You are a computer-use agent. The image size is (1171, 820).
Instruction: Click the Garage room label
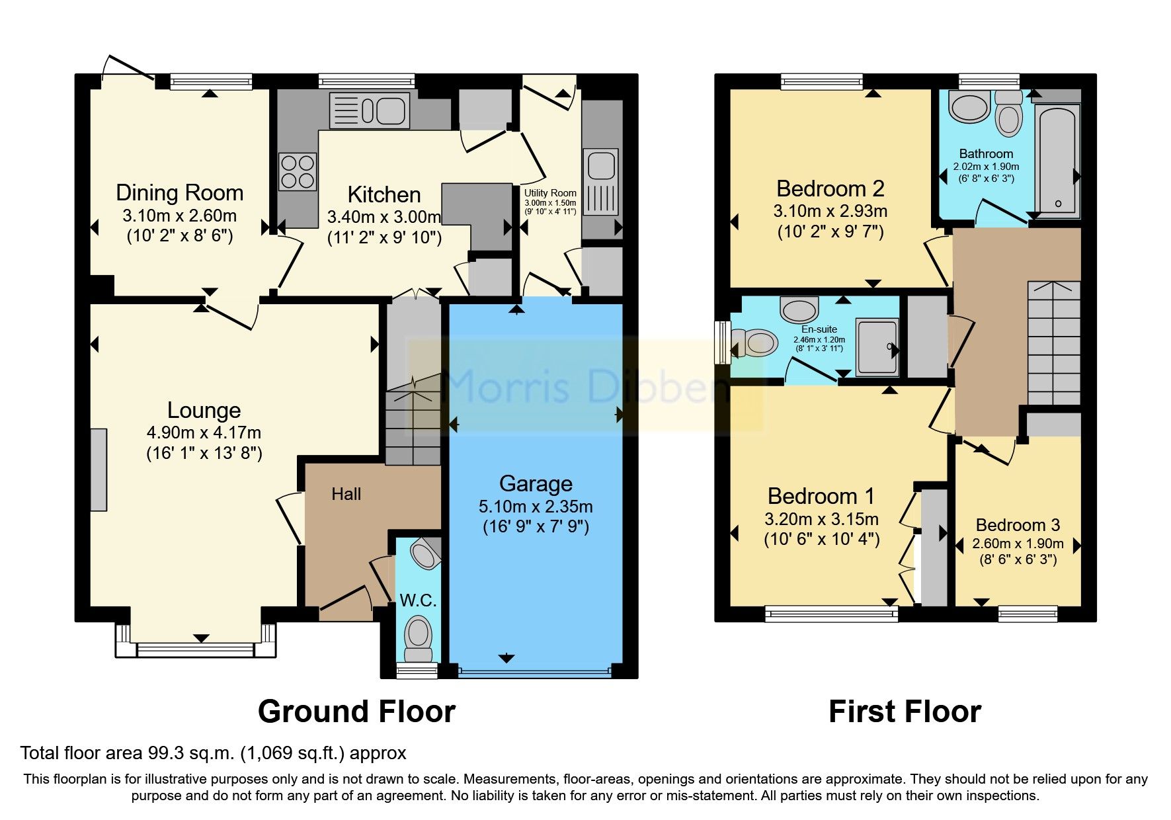[x=536, y=483]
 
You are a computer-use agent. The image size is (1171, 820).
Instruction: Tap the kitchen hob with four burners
[x=297, y=171]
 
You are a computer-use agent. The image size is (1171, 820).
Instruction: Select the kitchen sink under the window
[x=370, y=110]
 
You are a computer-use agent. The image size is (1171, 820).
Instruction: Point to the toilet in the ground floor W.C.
[x=417, y=638]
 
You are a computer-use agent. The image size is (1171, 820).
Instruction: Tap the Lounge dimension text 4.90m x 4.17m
[x=204, y=432]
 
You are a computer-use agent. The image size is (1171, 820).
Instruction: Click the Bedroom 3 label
[x=1018, y=525]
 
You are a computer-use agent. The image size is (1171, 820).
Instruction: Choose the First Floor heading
[x=904, y=712]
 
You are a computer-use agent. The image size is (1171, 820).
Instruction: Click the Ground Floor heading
[x=356, y=712]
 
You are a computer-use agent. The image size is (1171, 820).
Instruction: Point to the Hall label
[x=346, y=494]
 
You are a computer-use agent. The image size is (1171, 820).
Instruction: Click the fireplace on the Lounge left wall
[x=99, y=470]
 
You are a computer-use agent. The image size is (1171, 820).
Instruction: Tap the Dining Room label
[x=180, y=192]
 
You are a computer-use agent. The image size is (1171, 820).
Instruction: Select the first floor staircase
[x=1053, y=343]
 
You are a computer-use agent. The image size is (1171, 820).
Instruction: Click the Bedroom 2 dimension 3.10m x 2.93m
[x=830, y=212]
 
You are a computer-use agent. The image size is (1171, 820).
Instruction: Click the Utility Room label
[x=550, y=193]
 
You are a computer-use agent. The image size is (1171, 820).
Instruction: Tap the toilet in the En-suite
[x=754, y=343]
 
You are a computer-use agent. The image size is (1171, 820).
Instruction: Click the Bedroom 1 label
[x=821, y=496]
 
